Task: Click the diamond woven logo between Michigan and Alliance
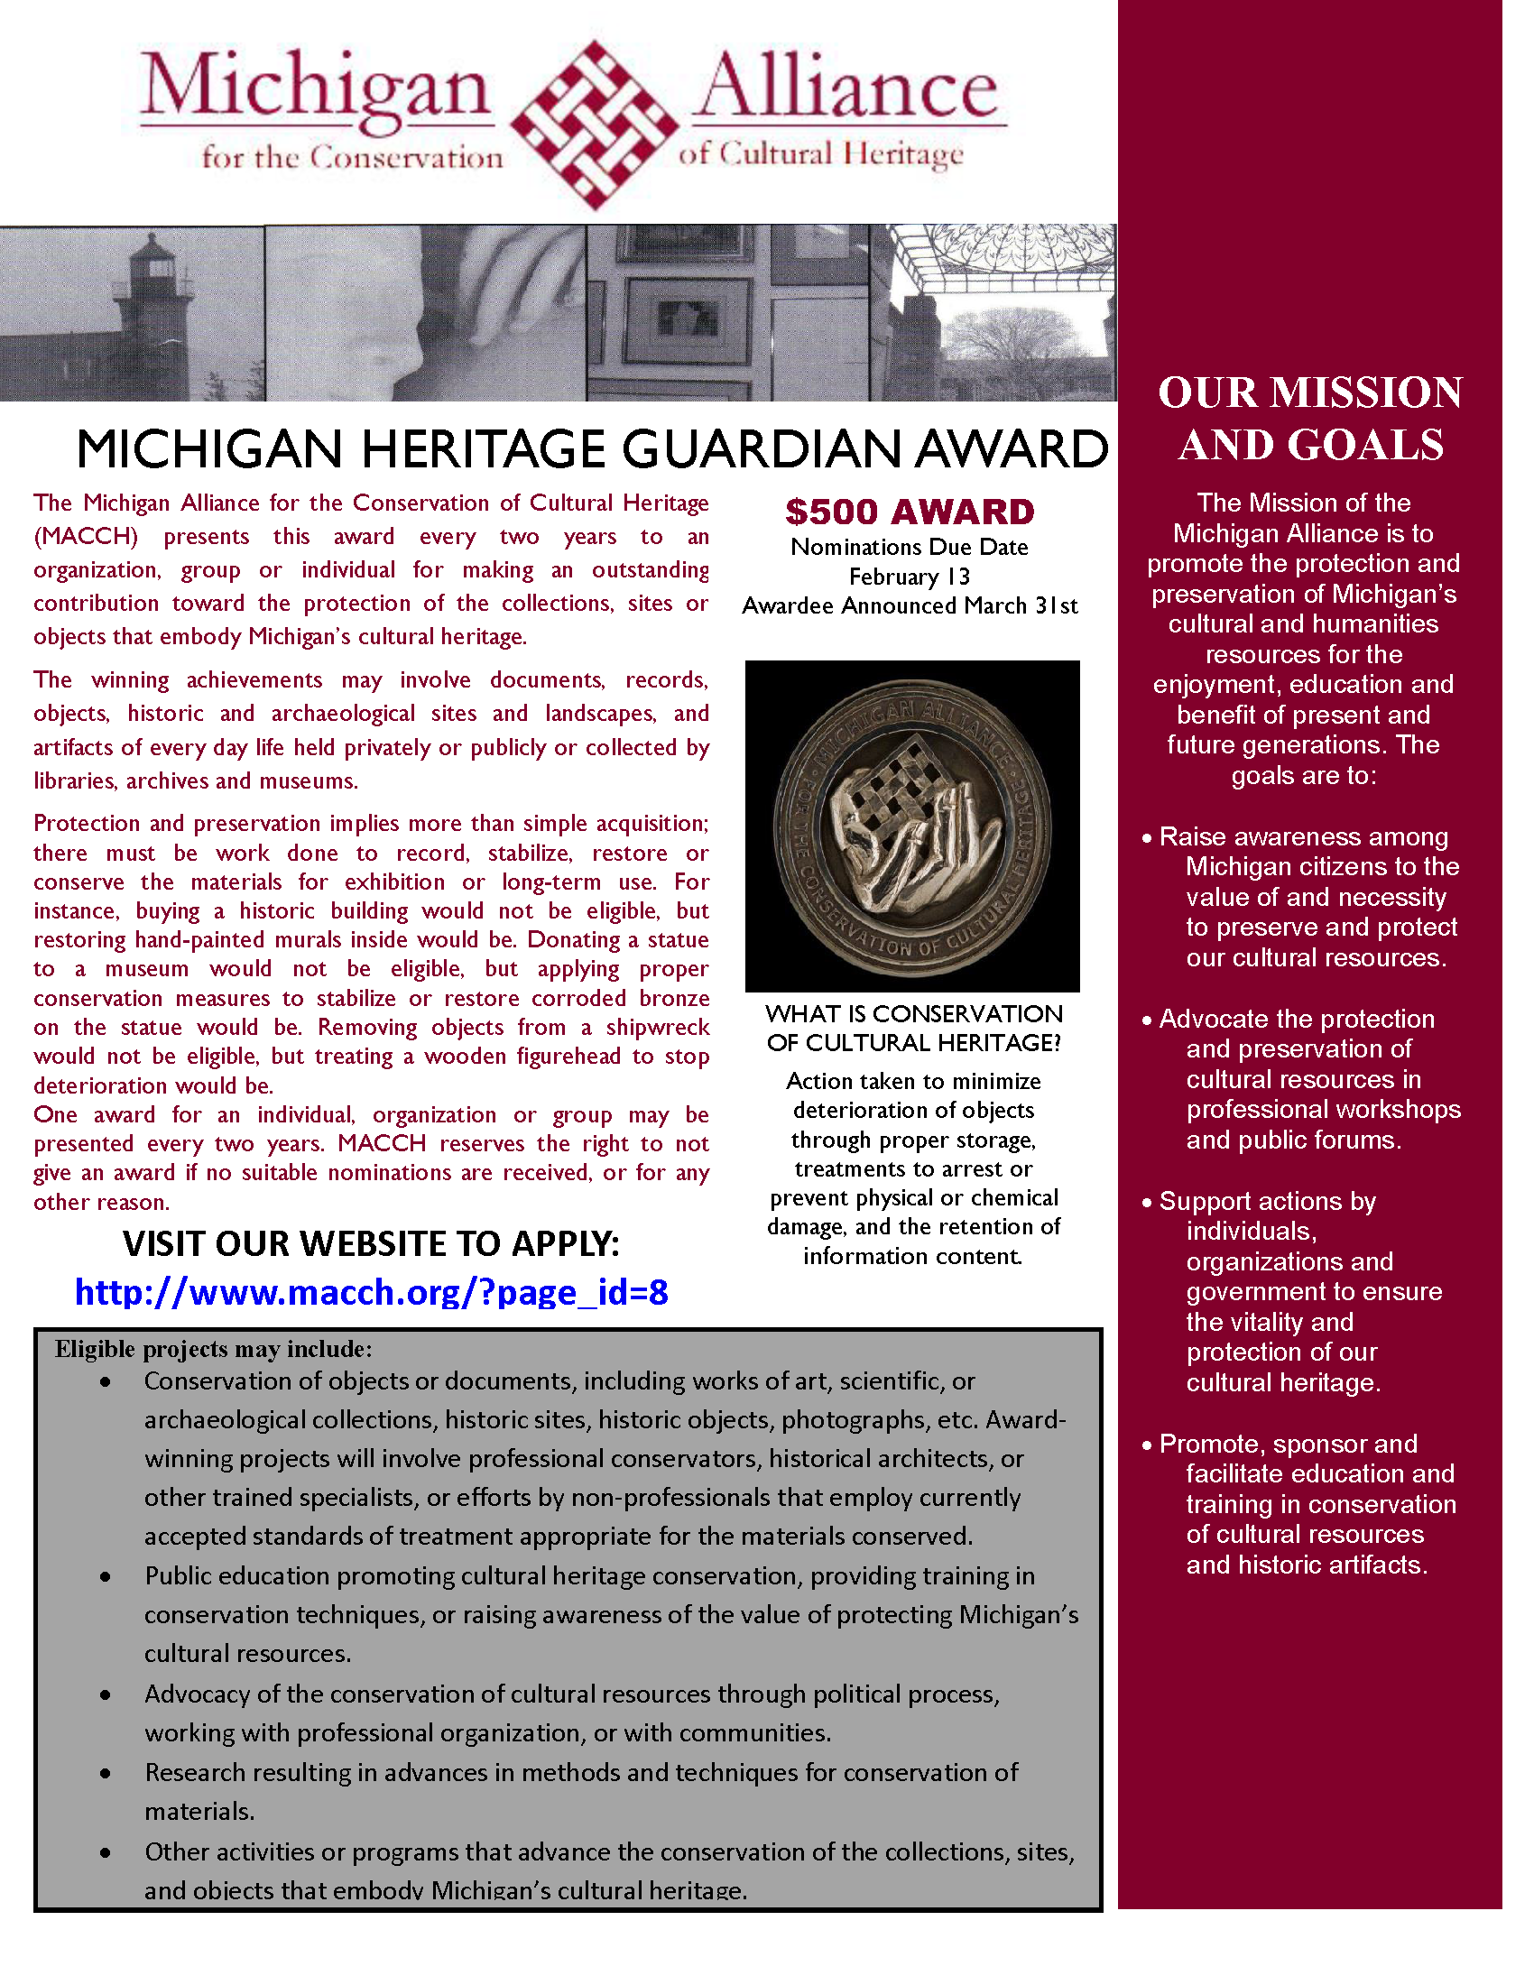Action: point(596,125)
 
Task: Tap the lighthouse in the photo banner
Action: point(154,309)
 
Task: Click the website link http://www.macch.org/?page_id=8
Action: point(371,1291)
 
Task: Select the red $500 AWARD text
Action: point(910,512)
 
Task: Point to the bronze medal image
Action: point(912,826)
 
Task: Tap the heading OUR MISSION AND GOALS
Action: point(1309,419)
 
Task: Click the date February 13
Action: point(910,577)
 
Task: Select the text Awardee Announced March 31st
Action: point(910,605)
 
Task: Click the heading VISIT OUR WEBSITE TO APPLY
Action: point(371,1243)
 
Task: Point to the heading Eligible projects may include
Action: point(214,1349)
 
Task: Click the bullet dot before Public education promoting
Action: point(106,1577)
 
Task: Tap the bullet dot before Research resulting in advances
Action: point(106,1773)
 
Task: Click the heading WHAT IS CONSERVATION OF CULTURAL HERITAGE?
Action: point(913,1028)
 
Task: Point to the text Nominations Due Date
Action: point(910,546)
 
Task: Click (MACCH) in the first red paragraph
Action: point(86,536)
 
